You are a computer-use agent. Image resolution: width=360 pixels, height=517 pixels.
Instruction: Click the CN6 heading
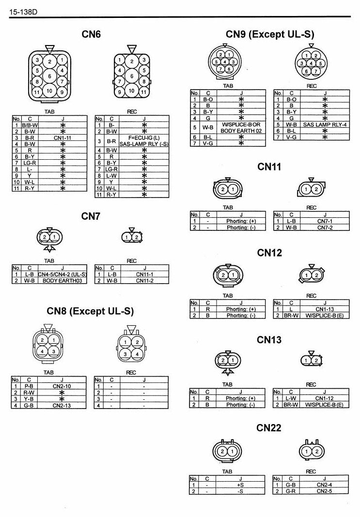tap(91, 34)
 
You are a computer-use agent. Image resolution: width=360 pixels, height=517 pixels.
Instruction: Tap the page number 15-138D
tap(23, 12)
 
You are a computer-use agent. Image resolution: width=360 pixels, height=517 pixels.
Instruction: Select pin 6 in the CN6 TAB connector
tap(50, 76)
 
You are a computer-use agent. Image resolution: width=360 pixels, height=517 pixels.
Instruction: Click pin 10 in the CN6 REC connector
tap(132, 91)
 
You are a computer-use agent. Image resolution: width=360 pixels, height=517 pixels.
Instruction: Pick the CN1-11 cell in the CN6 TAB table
tap(63, 138)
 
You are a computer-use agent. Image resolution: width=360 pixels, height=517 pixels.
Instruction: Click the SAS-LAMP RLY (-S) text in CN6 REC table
tap(144, 144)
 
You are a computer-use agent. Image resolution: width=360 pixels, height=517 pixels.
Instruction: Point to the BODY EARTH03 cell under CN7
tap(63, 281)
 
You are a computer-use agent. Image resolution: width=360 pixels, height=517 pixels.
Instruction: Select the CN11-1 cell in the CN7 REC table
tap(144, 274)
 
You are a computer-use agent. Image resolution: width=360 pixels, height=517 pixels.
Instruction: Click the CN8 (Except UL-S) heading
tap(90, 311)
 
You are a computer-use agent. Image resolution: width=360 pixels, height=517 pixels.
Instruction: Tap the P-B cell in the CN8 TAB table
tap(29, 386)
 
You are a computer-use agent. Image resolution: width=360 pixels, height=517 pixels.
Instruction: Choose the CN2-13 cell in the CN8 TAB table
tap(62, 406)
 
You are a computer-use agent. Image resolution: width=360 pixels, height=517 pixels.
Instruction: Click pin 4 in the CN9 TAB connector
tap(225, 61)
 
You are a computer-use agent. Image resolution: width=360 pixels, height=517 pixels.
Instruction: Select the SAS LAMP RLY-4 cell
tap(325, 124)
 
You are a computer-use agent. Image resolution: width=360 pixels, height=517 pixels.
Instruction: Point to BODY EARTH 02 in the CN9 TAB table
tap(241, 131)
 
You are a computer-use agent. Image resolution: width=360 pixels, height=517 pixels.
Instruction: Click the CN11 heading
tap(269, 167)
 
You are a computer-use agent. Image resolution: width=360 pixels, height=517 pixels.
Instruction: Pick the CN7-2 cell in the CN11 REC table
tap(325, 228)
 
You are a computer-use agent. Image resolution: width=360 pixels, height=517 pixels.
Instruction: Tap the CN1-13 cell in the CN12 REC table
tap(325, 309)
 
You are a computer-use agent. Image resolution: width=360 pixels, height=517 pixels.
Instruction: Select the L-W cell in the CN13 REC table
tap(291, 398)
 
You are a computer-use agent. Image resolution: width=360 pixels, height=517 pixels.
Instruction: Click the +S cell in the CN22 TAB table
tap(240, 485)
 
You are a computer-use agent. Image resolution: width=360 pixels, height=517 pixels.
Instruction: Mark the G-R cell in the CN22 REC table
tap(290, 491)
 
